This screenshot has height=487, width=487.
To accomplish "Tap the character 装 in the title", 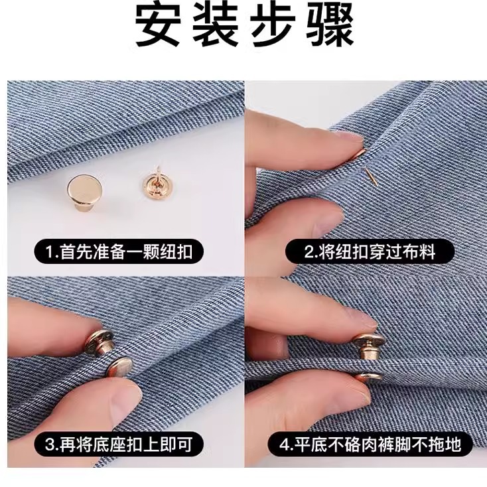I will pos(216,27).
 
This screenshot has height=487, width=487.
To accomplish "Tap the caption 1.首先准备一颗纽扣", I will pos(119,252).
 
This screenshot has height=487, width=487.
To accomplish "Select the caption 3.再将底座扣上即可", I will pos(119,444).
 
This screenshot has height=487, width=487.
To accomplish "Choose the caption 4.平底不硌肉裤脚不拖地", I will pos(368,444).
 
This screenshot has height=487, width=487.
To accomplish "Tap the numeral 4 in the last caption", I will pos(285,444).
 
